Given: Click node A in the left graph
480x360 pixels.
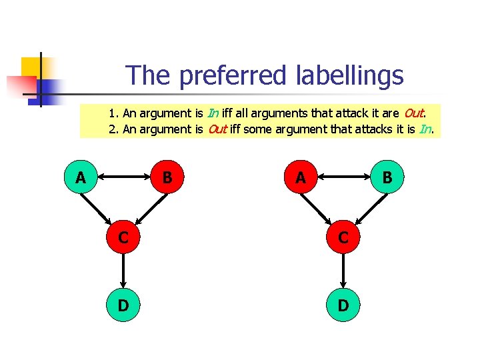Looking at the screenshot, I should [81, 177].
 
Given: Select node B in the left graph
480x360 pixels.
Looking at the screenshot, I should [167, 177].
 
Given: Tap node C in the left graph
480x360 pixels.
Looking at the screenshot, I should [123, 237].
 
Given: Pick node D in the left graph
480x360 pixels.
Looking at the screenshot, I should [123, 305].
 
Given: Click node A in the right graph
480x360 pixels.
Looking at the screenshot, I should [301, 177].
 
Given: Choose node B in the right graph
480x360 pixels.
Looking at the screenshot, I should [387, 177].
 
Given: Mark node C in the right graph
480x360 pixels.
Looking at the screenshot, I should [343, 237].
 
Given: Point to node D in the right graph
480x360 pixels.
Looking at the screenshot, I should [343, 305].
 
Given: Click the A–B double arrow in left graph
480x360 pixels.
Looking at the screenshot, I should [124, 177].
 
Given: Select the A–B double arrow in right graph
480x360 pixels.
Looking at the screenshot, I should [344, 177].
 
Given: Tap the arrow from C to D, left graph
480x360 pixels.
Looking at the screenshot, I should [123, 271].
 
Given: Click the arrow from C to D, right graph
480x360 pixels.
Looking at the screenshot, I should [343, 271].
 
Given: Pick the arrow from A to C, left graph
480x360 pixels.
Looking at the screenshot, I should [101, 207].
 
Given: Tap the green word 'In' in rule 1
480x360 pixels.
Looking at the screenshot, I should [213, 113].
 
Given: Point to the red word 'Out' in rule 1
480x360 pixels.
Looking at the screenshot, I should [415, 113].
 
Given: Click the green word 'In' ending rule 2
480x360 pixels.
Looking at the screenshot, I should [425, 129].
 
